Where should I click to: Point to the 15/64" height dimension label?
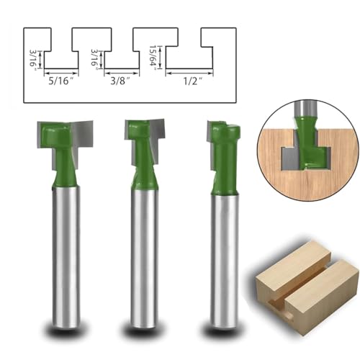153,58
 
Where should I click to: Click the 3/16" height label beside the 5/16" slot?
32,60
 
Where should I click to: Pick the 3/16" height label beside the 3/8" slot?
94,60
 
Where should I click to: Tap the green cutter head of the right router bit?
225,156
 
